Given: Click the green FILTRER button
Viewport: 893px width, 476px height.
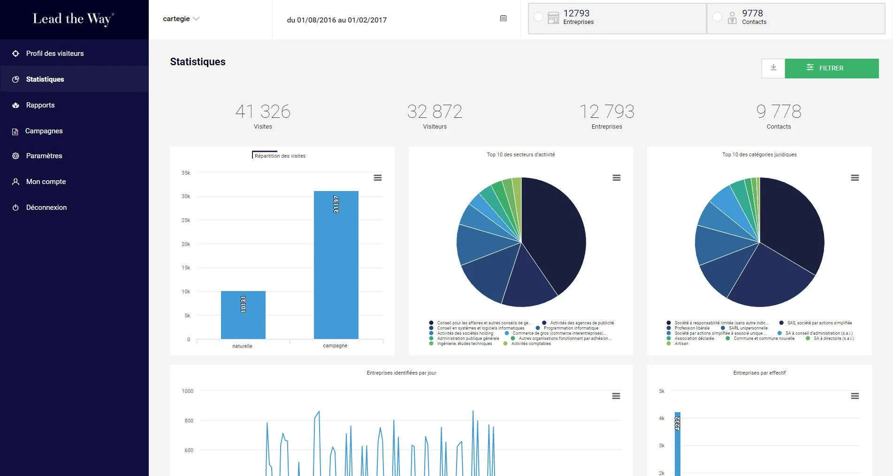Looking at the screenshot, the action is coord(832,68).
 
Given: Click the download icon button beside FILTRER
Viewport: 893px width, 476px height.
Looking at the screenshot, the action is coord(773,68).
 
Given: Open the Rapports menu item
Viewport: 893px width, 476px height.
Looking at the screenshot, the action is coord(40,105).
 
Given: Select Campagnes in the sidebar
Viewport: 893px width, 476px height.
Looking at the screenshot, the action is coord(44,131).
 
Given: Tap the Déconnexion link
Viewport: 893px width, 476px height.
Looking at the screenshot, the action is coord(46,207).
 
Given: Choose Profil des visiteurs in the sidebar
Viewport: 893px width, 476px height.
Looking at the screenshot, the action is coord(55,54).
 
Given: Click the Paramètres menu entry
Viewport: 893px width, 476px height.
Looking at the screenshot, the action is coord(44,156).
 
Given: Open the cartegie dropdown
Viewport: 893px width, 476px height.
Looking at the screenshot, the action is coord(181,19).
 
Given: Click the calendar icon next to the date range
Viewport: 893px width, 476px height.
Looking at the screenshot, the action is coord(504,18).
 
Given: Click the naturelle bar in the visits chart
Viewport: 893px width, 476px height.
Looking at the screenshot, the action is coord(243,315).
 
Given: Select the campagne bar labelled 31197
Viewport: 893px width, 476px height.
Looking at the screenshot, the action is coord(336,265).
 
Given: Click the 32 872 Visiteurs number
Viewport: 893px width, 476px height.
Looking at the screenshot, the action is coord(435,112).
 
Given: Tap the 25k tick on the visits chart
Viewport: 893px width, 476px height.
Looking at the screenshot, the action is coord(186,220).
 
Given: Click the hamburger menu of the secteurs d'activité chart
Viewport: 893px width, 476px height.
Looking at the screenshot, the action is coord(617,178).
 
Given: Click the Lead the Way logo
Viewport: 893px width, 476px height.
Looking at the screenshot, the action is coord(73,19).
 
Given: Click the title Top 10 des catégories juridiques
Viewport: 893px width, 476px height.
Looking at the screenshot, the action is coord(759,154).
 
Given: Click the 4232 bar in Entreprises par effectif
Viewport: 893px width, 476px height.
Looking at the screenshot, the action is coord(678,444).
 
